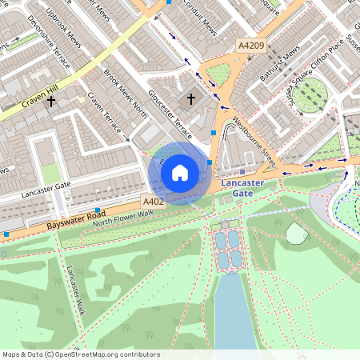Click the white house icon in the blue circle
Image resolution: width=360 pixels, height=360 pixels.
point(180,172)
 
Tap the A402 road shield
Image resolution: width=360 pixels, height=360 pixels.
point(153,201)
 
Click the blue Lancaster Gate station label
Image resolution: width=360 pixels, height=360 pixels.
point(242,187)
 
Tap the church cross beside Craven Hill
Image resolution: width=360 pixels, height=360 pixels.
point(51,102)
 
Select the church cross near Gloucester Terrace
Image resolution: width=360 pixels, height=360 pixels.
point(190,99)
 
